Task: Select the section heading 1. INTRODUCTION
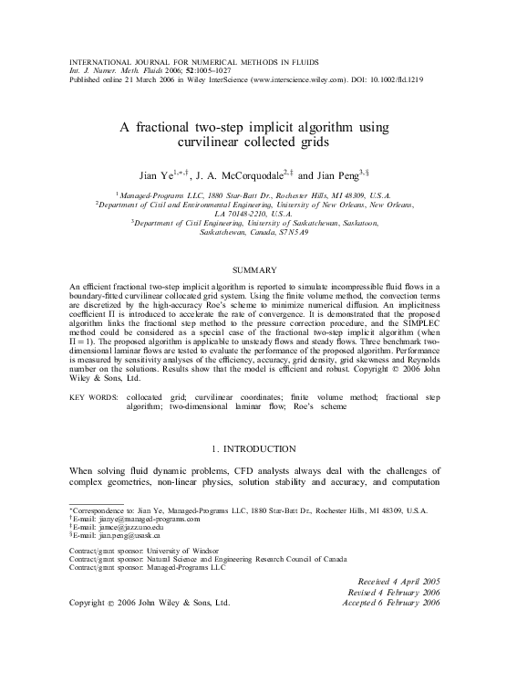(258, 448)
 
